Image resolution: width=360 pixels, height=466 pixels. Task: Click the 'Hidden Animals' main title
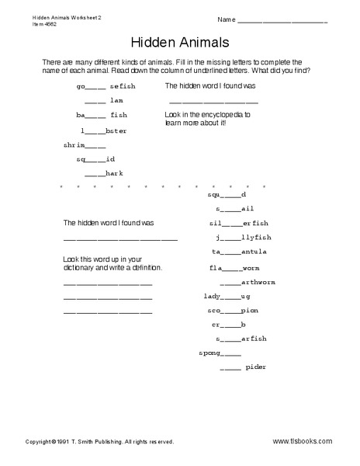(x=179, y=42)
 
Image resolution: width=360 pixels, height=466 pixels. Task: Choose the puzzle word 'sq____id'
(x=95, y=158)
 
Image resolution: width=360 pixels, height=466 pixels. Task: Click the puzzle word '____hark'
(x=103, y=173)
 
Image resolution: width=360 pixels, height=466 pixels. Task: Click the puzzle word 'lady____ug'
(x=228, y=296)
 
